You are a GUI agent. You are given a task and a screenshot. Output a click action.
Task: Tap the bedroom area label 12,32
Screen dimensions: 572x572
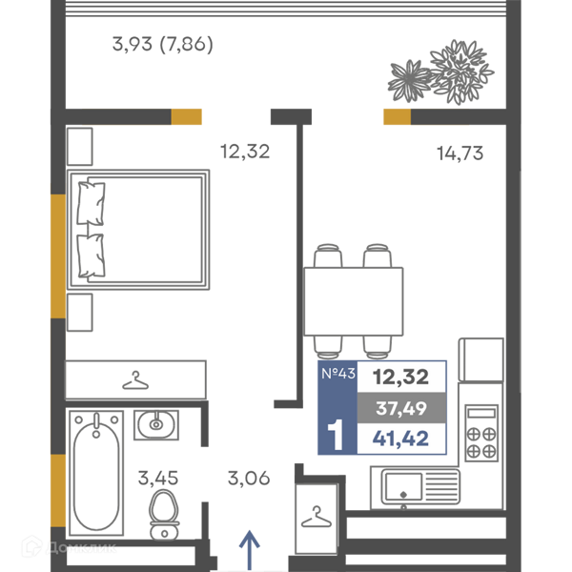pyautogui.click(x=245, y=152)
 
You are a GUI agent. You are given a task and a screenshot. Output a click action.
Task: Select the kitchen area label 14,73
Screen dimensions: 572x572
pyautogui.click(x=460, y=153)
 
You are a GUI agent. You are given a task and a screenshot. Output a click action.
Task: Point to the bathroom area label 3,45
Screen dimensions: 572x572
pyautogui.click(x=158, y=478)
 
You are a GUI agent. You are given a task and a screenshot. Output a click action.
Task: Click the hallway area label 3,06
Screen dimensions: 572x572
pyautogui.click(x=249, y=478)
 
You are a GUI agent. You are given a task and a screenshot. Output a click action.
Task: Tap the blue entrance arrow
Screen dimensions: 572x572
pyautogui.click(x=250, y=550)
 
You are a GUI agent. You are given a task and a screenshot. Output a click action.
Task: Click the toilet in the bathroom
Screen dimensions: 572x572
pyautogui.click(x=164, y=515)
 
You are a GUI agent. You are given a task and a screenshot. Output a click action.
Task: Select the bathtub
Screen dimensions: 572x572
pyautogui.click(x=96, y=473)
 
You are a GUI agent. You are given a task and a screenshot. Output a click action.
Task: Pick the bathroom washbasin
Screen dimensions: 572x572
pyautogui.click(x=156, y=424)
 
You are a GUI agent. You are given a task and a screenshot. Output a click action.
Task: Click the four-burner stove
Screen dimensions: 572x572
pyautogui.click(x=481, y=433)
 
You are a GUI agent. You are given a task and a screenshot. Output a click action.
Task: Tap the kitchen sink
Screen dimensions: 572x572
pyautogui.click(x=420, y=486)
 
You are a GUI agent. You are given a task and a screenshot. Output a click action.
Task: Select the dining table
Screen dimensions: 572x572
pyautogui.click(x=354, y=301)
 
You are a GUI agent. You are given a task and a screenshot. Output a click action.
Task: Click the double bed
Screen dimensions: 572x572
pyautogui.click(x=138, y=230)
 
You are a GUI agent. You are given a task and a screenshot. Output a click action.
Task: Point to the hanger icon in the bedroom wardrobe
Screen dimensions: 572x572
pyautogui.click(x=135, y=380)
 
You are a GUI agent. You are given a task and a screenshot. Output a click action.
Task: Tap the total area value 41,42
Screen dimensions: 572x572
pyautogui.click(x=400, y=439)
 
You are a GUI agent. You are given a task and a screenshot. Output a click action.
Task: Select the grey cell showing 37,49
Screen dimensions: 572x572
pyautogui.click(x=401, y=408)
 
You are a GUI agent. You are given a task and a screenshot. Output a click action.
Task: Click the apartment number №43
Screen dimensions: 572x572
pyautogui.click(x=338, y=373)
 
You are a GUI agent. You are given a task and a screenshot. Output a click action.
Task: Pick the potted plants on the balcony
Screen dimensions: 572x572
pyautogui.click(x=440, y=71)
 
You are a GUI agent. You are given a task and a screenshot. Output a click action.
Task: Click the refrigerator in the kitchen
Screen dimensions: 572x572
pyautogui.click(x=481, y=359)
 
